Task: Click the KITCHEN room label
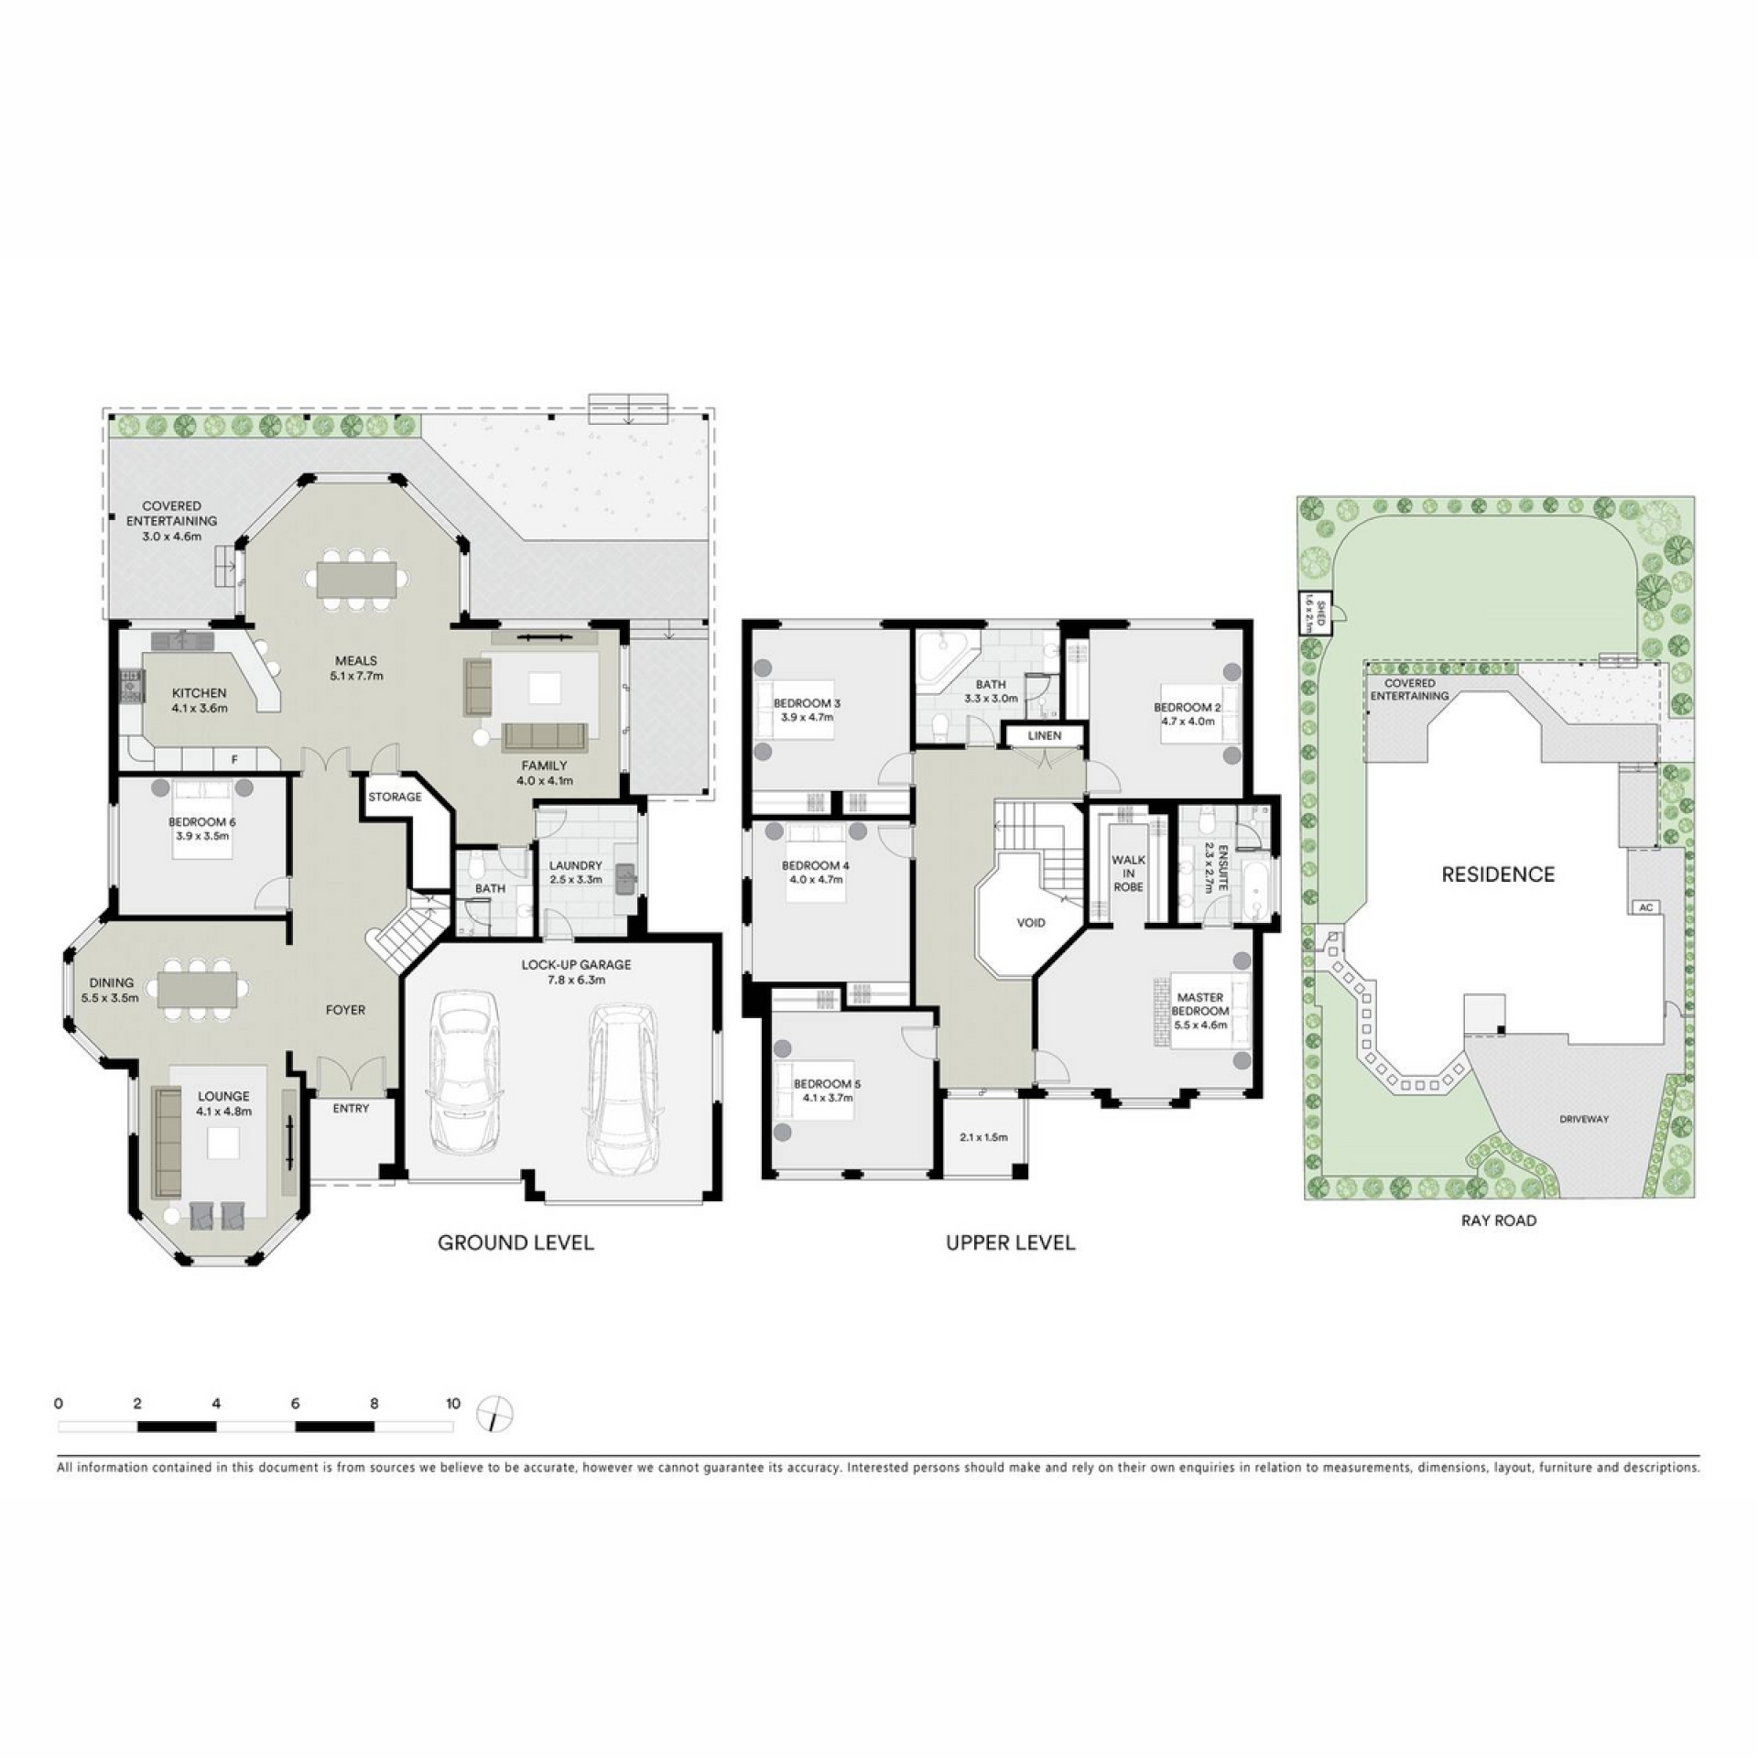coord(199,693)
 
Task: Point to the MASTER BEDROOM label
coord(1200,1004)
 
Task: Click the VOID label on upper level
coord(1031,922)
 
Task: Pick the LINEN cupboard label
coord(1045,735)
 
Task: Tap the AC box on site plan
coord(1646,906)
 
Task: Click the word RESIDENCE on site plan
coord(1498,874)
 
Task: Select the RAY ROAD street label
coord(1499,1221)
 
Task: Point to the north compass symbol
coord(494,1415)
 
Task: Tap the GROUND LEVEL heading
coord(515,1243)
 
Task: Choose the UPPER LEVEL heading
coord(1011,1243)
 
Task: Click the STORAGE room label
coord(395,797)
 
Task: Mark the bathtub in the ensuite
coord(1253,887)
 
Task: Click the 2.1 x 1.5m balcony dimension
coord(983,1137)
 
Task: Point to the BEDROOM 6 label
coord(201,822)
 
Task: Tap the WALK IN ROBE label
coord(1128,874)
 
